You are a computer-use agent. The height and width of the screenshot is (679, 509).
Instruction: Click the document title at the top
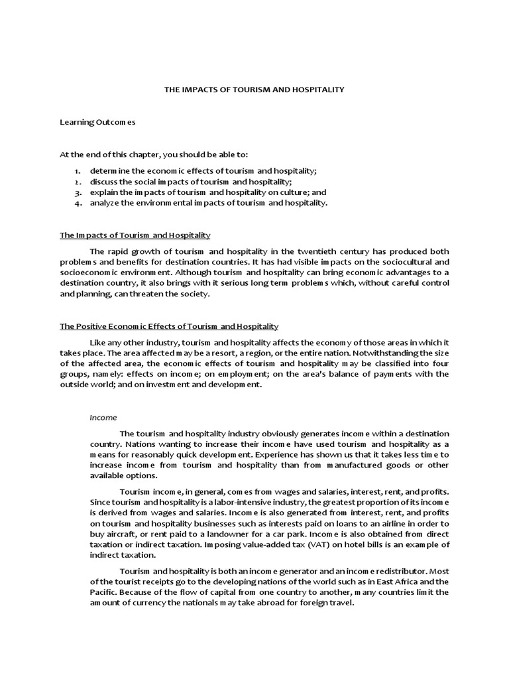click(x=254, y=90)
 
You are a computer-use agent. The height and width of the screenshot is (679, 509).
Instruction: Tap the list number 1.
click(x=77, y=171)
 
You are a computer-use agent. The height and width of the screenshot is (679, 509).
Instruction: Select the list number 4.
click(x=77, y=203)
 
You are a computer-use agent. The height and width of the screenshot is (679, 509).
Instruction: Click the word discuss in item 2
click(x=104, y=182)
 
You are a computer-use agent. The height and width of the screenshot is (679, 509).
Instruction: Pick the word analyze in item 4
click(x=105, y=203)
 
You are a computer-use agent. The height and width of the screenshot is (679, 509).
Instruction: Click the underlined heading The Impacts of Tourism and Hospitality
click(x=135, y=235)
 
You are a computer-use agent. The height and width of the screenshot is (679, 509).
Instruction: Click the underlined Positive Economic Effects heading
click(x=169, y=326)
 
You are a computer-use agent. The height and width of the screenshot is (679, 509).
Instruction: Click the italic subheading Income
click(x=103, y=417)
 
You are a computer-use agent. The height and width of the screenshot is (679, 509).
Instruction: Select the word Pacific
click(x=103, y=592)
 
